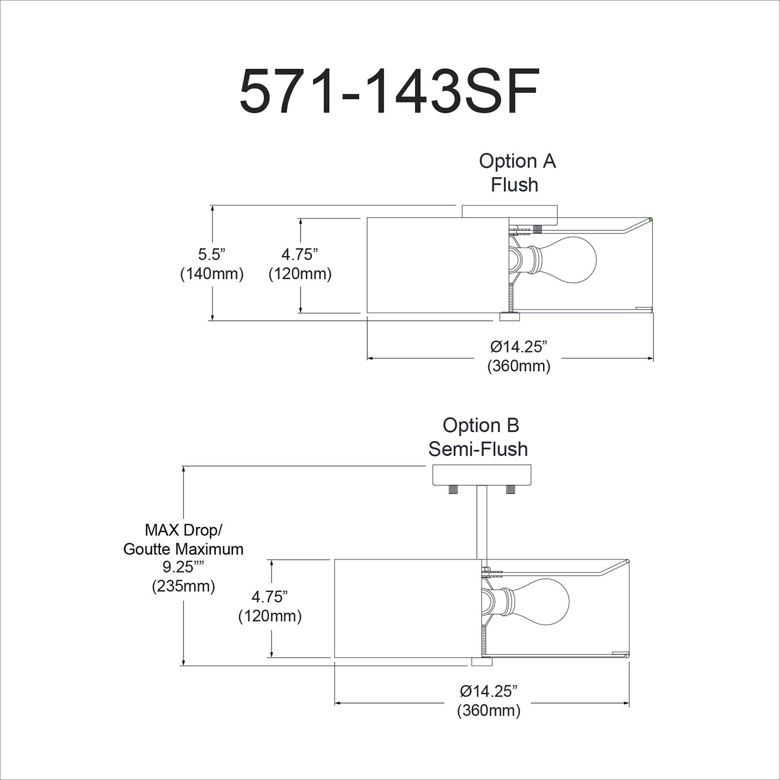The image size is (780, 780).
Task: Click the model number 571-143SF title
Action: coord(389,92)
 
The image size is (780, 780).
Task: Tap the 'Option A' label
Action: coord(517,161)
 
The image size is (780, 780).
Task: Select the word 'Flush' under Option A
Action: coord(514,185)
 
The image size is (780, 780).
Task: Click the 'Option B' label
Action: coord(480,425)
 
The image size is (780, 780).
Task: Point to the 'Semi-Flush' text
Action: coord(478,449)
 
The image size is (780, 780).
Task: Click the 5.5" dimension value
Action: coord(212,255)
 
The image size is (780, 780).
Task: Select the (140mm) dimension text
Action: coord(212,274)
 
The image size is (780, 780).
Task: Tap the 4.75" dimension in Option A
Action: coord(300,255)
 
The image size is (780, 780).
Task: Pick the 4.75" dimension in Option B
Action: coord(270,596)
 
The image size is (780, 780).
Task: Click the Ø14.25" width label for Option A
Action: coord(518,346)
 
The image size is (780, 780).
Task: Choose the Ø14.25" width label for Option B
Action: coord(489,691)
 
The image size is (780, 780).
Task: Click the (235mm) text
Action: coord(184,586)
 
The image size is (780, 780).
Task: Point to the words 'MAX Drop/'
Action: coord(184,530)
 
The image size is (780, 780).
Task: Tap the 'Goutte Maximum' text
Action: coord(184,549)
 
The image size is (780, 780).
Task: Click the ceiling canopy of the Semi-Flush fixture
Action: coord(482,475)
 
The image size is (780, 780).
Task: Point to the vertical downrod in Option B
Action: coord(482,523)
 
